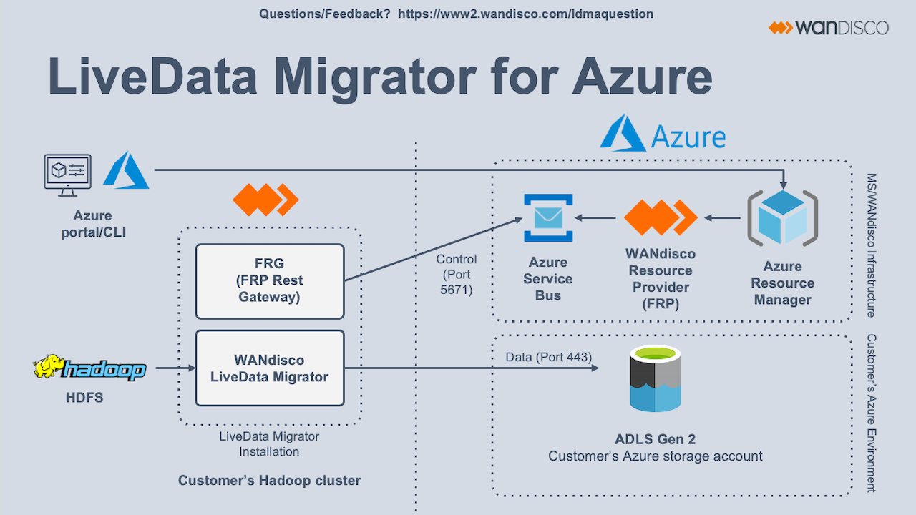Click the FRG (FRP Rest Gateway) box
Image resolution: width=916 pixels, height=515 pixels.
coord(270,281)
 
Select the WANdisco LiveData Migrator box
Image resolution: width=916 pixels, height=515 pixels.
coord(270,368)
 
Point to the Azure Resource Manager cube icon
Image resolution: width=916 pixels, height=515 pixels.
coord(782,218)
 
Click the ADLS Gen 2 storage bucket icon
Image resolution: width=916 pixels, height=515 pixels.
coord(655,379)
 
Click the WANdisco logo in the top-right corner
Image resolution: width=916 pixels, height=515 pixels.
coord(829,28)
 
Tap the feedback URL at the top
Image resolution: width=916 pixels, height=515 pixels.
coord(525,14)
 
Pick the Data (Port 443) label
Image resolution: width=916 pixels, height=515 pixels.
coord(549,357)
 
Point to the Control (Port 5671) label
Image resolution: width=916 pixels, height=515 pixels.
coord(457,275)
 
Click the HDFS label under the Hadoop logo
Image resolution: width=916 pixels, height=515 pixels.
coord(84,398)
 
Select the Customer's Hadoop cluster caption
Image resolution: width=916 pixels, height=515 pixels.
coord(269,481)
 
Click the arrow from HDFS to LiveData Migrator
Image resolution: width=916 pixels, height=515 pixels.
coord(175,368)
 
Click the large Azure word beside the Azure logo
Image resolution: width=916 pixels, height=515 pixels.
coord(688,136)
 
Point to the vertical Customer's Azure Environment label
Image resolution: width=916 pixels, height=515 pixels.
coord(871,413)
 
